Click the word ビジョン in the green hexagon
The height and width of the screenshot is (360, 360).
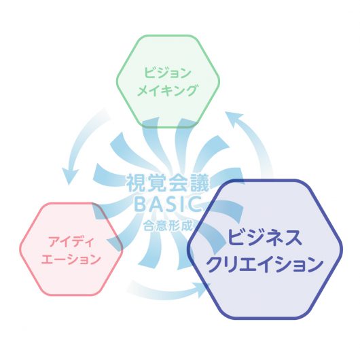click(168, 73)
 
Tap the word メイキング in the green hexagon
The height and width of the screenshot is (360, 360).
click(167, 90)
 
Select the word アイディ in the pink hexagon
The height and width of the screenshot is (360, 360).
click(71, 242)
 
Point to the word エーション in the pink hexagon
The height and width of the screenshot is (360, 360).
click(71, 259)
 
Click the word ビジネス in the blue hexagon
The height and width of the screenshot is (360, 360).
click(265, 237)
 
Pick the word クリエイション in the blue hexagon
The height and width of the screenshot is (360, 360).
click(265, 264)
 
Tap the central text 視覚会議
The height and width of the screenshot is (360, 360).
click(168, 183)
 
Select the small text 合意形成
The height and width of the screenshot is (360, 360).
click(168, 226)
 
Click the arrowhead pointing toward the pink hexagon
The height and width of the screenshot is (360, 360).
click(70, 177)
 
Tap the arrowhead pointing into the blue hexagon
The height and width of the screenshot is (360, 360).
click(202, 289)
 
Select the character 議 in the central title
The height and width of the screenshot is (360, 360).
click(200, 183)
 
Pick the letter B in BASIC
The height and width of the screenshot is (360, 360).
click(140, 204)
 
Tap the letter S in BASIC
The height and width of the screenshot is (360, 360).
click(168, 204)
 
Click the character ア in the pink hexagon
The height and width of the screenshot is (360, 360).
click(54, 242)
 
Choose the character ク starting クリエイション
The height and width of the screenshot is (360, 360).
click(215, 264)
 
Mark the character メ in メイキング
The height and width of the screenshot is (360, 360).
click(143, 90)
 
